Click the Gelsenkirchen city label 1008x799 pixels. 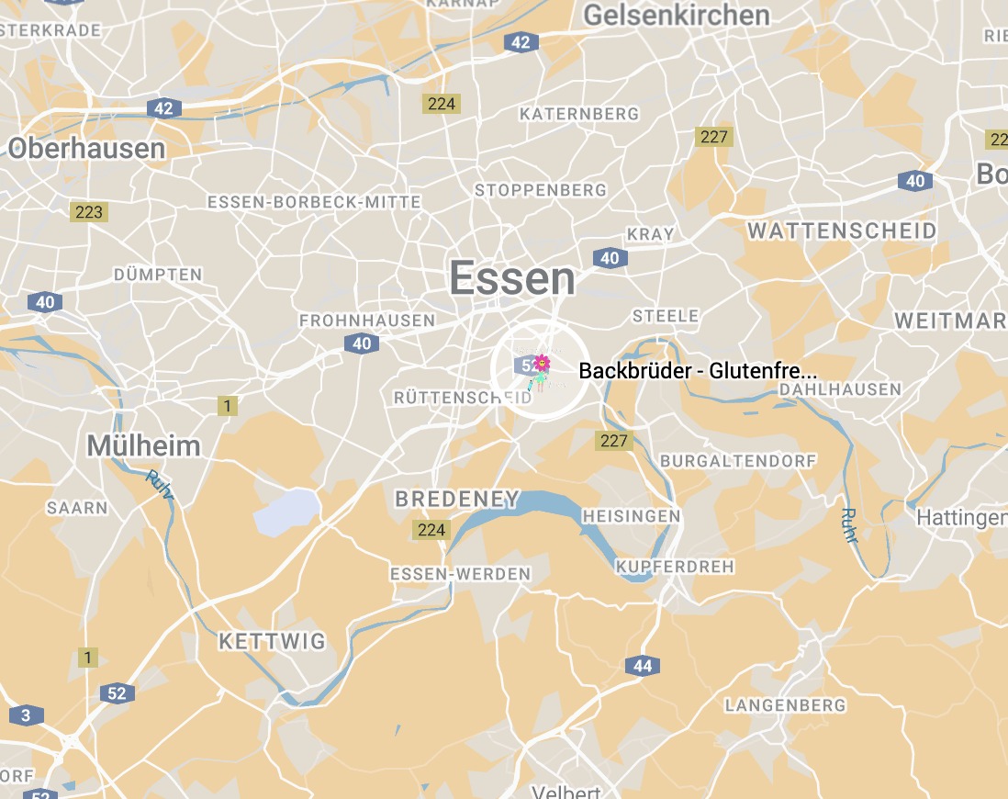pyautogui.click(x=677, y=16)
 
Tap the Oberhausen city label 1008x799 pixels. pyautogui.click(x=87, y=148)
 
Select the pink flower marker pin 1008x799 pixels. pyautogui.click(x=542, y=364)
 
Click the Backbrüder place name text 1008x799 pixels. pyautogui.click(x=698, y=371)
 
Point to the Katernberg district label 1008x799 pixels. pyautogui.click(x=578, y=114)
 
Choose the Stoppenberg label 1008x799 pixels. pyautogui.click(x=540, y=190)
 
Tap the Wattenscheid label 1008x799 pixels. pyautogui.click(x=841, y=231)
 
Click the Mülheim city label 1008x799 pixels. pyautogui.click(x=143, y=446)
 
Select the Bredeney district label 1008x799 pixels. pyautogui.click(x=456, y=500)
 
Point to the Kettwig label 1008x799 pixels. pyautogui.click(x=272, y=641)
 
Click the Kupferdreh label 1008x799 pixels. pyautogui.click(x=675, y=566)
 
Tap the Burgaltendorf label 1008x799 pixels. pyautogui.click(x=726, y=460)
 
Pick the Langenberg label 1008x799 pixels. pyautogui.click(x=785, y=705)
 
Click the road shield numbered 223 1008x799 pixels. pyautogui.click(x=89, y=212)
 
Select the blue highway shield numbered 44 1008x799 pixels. pyautogui.click(x=642, y=666)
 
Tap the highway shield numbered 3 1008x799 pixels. pyautogui.click(x=27, y=715)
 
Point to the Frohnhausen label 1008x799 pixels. pyautogui.click(x=367, y=321)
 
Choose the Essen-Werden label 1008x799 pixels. pyautogui.click(x=460, y=574)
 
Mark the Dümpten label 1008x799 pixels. pyautogui.click(x=158, y=275)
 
